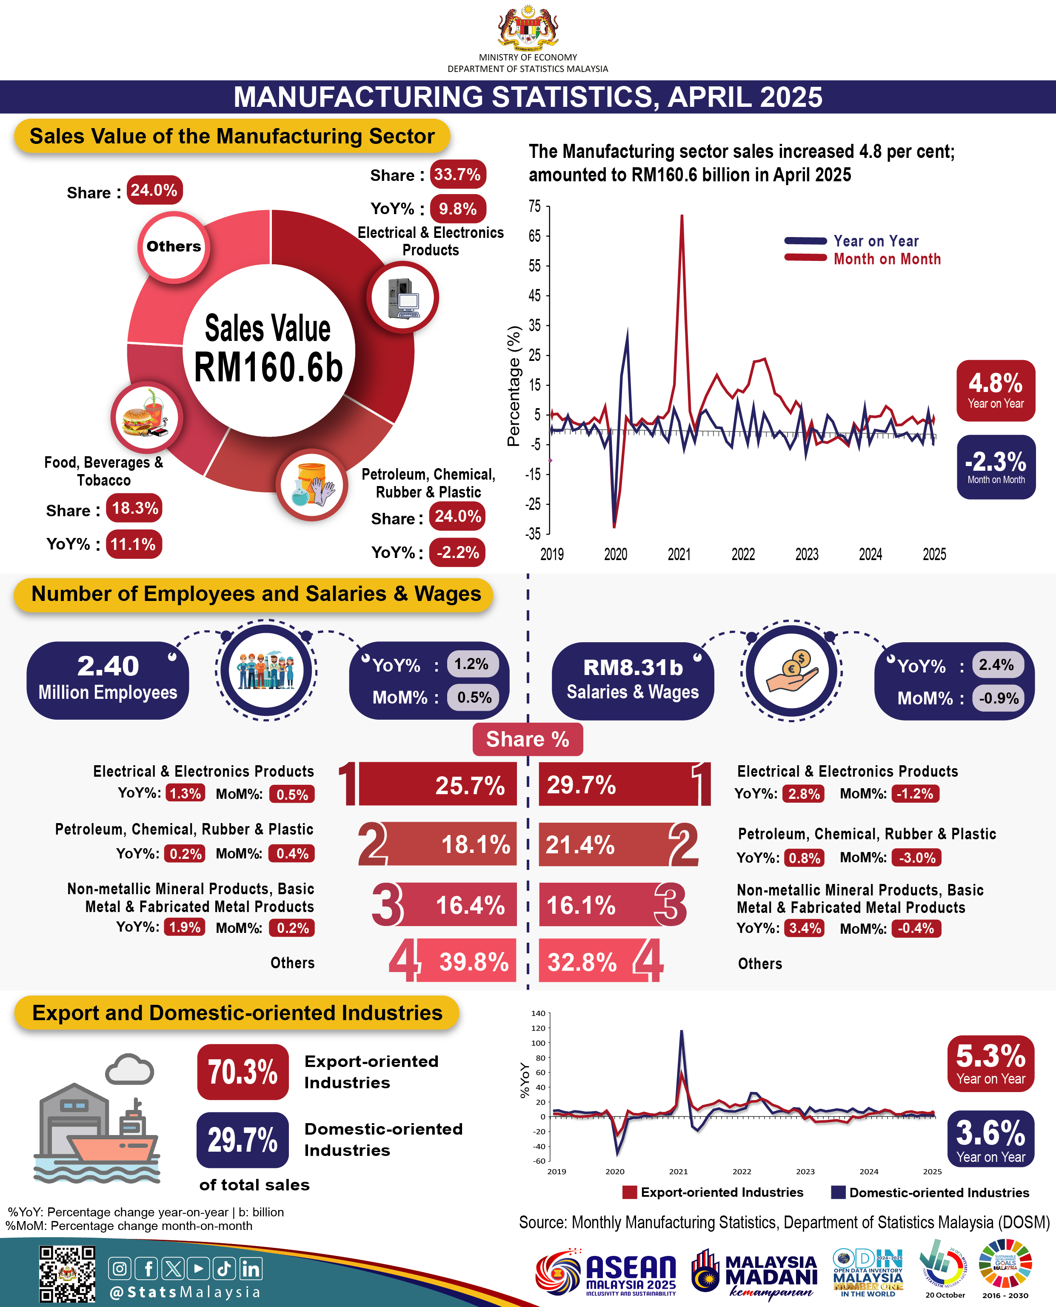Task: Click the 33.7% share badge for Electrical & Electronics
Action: click(x=457, y=174)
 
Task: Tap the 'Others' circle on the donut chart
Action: click(x=174, y=246)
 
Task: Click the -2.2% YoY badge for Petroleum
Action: click(x=457, y=552)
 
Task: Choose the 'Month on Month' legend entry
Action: click(x=862, y=259)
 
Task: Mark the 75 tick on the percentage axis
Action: click(x=535, y=206)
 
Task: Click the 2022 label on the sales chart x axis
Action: click(x=743, y=554)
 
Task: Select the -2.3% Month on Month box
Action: click(x=996, y=467)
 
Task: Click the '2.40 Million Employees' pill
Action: click(x=108, y=680)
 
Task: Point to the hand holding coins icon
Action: click(x=791, y=671)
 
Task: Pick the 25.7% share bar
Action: click(x=437, y=784)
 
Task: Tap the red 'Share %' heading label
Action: click(x=528, y=739)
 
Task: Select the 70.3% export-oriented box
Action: click(x=243, y=1072)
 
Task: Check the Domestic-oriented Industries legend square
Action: click(x=838, y=1192)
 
